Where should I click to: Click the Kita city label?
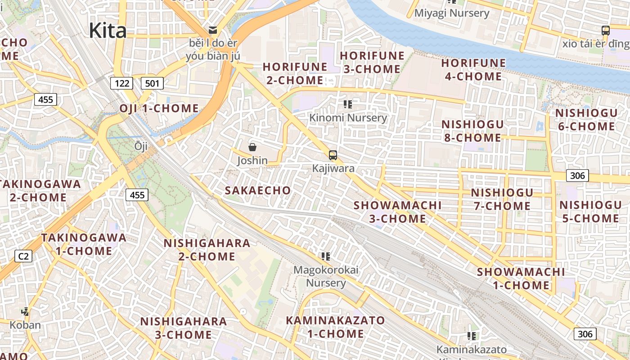pos(108,31)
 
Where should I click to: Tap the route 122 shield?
pos(121,83)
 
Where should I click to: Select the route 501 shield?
pos(152,83)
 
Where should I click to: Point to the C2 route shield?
pos(23,256)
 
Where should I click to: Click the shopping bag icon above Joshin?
pos(252,147)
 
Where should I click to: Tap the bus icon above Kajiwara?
pos(333,155)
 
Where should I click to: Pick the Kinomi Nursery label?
pos(348,118)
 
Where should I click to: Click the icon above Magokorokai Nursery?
pos(326,256)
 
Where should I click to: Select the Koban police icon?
pos(25,311)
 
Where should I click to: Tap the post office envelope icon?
pos(213,30)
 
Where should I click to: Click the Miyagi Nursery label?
pos(451,13)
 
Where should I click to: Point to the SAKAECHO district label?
pos(258,190)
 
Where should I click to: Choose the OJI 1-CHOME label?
pos(159,108)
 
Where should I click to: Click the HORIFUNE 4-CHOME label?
pos(473,70)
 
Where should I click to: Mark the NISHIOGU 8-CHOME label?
pos(472,131)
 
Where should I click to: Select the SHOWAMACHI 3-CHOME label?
pos(397,211)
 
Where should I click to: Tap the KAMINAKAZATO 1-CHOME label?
pos(336,327)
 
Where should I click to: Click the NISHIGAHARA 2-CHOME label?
pos(207,250)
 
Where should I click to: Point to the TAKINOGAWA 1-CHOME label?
pos(84,244)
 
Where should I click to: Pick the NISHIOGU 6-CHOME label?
pos(586,120)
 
